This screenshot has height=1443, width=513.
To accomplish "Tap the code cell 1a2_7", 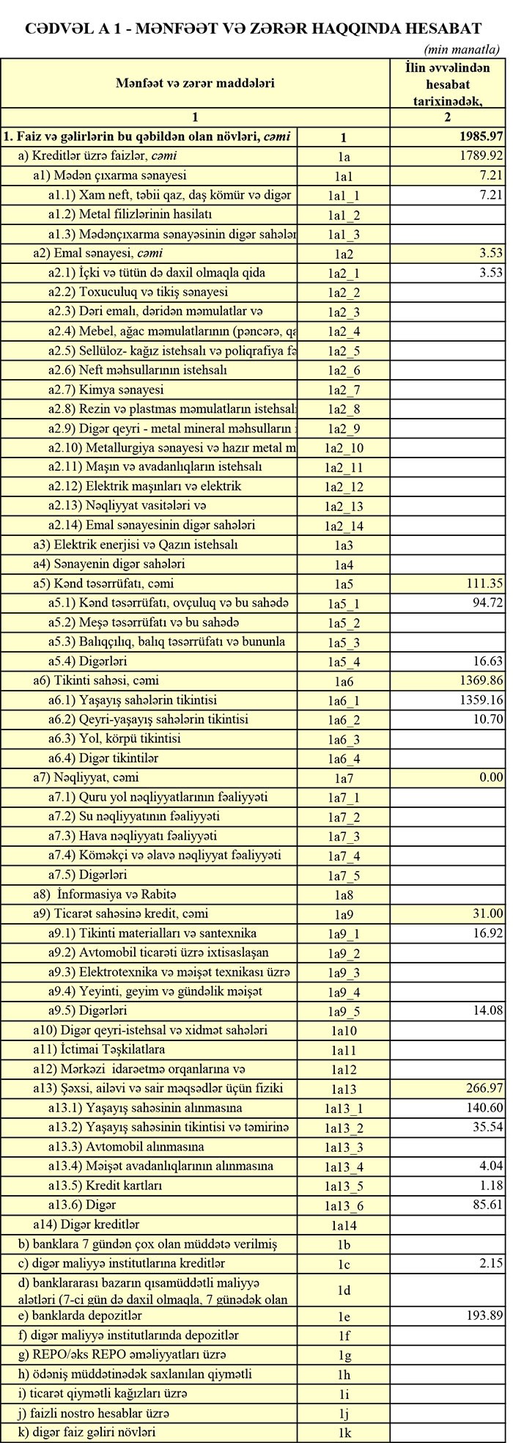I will tap(343, 389).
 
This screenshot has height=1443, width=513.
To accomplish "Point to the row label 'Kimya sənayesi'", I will tap(125, 389).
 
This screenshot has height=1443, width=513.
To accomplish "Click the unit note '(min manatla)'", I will tap(462, 50).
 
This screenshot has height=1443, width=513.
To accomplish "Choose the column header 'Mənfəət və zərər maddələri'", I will tap(195, 83).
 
